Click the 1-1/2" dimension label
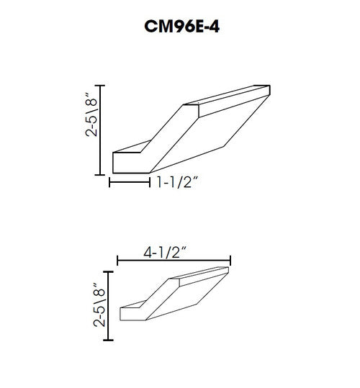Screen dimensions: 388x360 (x=178, y=184)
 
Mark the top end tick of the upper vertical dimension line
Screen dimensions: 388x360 (x=102, y=86)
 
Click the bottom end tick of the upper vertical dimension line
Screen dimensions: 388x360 (x=102, y=175)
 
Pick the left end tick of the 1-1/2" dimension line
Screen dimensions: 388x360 (x=110, y=184)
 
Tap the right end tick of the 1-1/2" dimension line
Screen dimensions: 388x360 (x=149, y=184)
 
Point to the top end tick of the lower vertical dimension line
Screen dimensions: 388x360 (x=109, y=271)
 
